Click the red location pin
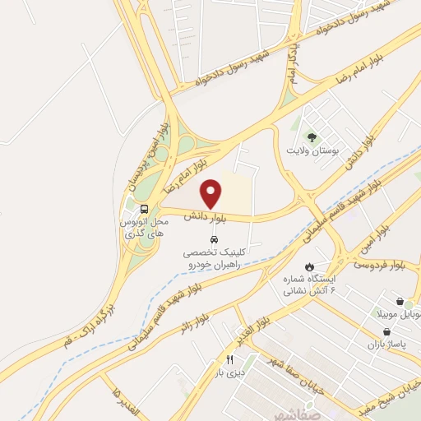click(x=211, y=193)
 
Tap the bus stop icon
click(x=145, y=209)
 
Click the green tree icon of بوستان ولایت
click(x=312, y=136)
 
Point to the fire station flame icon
click(x=309, y=266)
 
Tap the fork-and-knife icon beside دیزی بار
click(x=230, y=359)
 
